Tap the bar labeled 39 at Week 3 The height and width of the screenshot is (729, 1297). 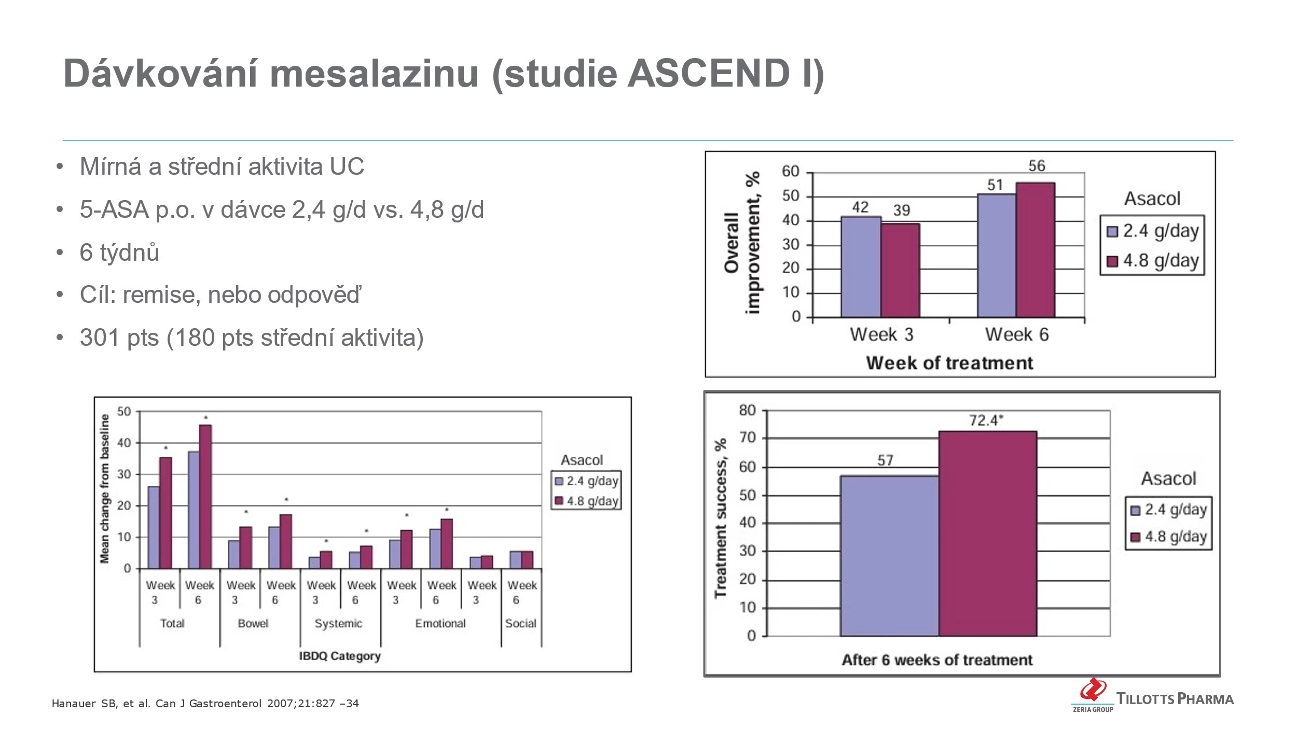click(x=900, y=270)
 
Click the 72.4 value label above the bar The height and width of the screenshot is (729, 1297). click(x=986, y=420)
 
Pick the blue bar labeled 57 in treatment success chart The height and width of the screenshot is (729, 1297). click(x=889, y=555)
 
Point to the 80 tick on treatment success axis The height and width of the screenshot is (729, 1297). click(x=748, y=411)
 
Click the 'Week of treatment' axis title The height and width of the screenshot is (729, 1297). click(x=949, y=363)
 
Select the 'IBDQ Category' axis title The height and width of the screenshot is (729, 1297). click(x=340, y=656)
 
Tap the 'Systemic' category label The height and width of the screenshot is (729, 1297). click(x=338, y=623)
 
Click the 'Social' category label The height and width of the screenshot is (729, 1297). click(x=521, y=623)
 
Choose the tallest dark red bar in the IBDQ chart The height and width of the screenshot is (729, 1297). click(x=205, y=496)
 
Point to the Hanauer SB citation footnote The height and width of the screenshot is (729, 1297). click(x=205, y=704)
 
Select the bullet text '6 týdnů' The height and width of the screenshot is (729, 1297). click(x=119, y=253)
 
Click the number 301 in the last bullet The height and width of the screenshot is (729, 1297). click(x=100, y=338)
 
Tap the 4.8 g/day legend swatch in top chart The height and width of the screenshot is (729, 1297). click(x=1112, y=261)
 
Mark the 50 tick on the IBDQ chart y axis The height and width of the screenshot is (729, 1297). click(x=125, y=412)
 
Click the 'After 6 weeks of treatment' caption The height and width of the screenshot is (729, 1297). click(x=937, y=660)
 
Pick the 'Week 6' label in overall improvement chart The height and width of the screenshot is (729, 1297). click(x=1017, y=335)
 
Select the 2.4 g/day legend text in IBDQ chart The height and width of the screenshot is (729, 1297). click(x=592, y=481)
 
